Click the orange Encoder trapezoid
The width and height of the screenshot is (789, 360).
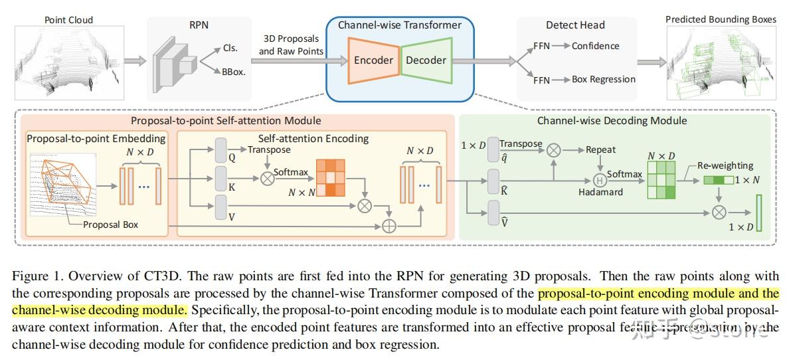(x=373, y=60)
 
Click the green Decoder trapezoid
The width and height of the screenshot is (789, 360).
(x=426, y=60)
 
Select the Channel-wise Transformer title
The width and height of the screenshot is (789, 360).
(x=399, y=25)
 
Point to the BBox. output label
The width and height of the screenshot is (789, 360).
(x=234, y=72)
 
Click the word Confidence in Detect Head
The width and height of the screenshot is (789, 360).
(x=595, y=46)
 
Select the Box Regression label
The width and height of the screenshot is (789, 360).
(x=603, y=79)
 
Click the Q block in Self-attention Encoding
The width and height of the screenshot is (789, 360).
(x=221, y=153)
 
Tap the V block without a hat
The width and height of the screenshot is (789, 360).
(x=221, y=209)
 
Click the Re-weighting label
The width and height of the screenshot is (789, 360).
(x=725, y=165)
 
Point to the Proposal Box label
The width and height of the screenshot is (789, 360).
(x=111, y=225)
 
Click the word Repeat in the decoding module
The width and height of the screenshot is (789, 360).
(x=600, y=150)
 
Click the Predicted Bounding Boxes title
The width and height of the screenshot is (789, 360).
(x=721, y=19)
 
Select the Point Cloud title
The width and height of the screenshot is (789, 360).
(x=69, y=19)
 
